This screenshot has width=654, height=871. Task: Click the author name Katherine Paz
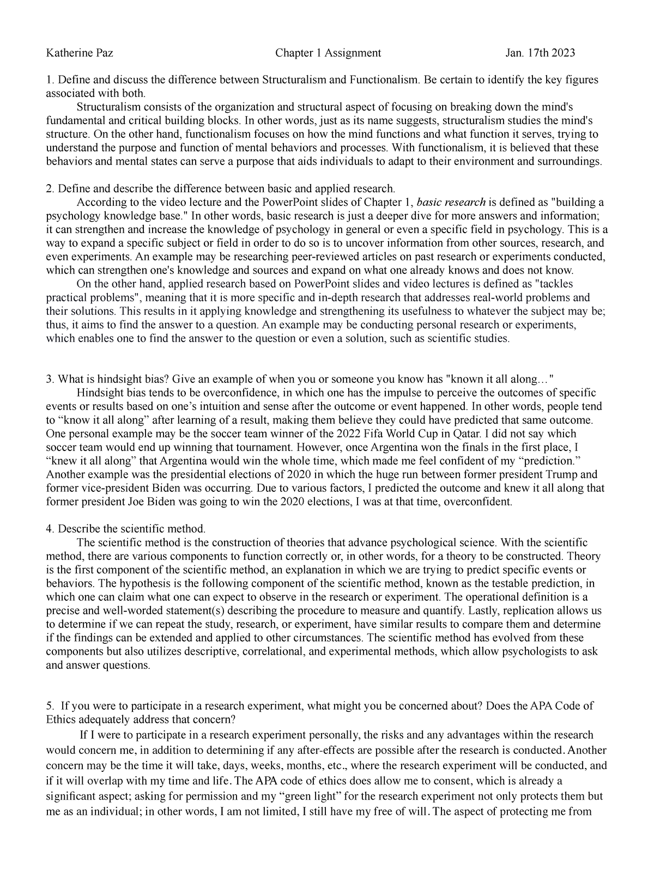click(x=80, y=53)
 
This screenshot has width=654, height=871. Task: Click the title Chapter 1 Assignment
click(x=328, y=53)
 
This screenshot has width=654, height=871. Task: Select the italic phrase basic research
click(x=451, y=202)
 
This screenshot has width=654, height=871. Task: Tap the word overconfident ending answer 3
click(x=479, y=502)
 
